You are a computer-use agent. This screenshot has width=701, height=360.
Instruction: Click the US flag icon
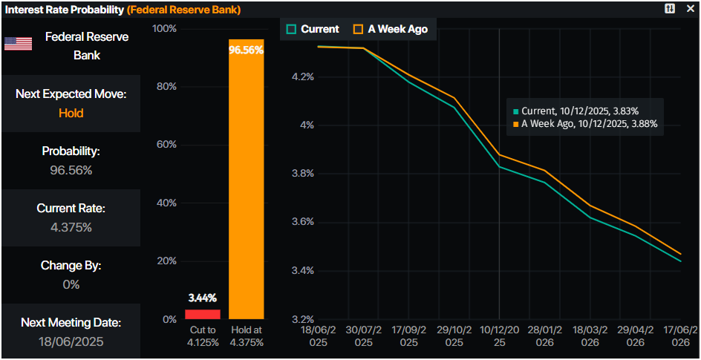(19, 44)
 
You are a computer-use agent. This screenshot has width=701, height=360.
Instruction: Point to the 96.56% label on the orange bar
(246, 50)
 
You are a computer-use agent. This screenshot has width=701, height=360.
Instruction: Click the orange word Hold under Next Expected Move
(71, 114)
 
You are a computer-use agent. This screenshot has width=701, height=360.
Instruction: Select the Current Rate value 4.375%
(71, 227)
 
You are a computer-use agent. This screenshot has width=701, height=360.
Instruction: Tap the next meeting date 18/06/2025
(71, 341)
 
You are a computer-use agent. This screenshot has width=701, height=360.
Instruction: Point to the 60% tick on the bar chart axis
(164, 145)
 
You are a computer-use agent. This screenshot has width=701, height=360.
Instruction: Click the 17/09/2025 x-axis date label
(409, 336)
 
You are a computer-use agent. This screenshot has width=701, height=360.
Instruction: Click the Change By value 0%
(71, 284)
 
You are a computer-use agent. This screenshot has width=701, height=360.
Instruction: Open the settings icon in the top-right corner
(670, 8)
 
